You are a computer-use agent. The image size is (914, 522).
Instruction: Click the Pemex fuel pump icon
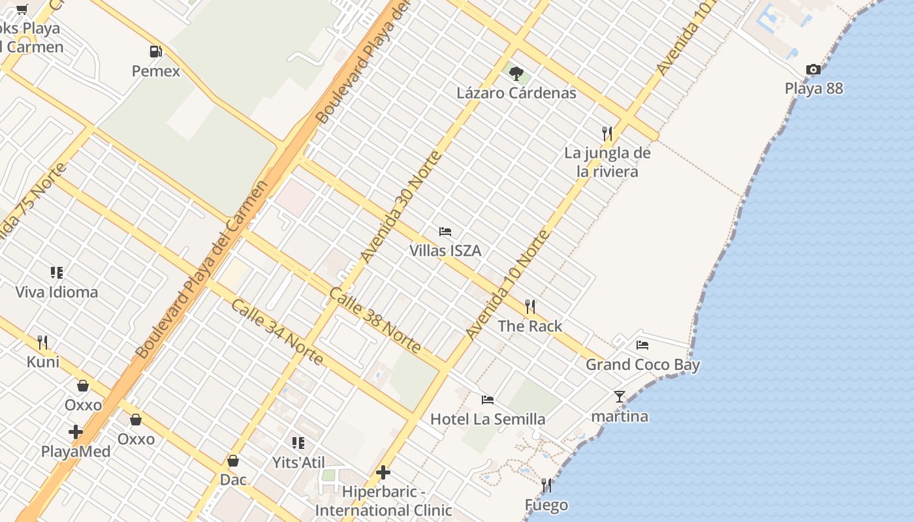point(155,51)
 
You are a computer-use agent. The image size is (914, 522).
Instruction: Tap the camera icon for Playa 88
point(813,69)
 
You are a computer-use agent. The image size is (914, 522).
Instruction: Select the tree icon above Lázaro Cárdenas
point(516,73)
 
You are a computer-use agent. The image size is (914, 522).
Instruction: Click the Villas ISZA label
point(445,251)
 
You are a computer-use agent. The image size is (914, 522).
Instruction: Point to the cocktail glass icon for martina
point(619,396)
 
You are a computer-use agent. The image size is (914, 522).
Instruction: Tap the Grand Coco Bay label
point(642,365)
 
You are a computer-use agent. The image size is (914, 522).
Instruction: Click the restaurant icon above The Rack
point(530,306)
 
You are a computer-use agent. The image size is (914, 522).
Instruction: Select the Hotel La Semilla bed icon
point(488,399)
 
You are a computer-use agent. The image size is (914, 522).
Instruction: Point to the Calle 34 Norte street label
point(276,332)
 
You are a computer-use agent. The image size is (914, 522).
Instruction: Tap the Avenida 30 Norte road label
point(400,207)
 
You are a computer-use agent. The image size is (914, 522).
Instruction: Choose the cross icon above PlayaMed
point(76,431)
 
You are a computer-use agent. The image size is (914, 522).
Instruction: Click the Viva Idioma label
point(57,292)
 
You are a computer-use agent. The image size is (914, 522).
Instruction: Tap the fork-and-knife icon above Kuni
point(42,342)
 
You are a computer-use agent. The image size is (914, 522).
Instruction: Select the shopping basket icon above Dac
point(233,461)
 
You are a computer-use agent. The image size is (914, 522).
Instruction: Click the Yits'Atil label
point(298,463)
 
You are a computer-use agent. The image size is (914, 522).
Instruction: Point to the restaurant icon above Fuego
point(546,485)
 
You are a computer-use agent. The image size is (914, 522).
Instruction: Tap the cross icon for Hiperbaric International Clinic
point(383,472)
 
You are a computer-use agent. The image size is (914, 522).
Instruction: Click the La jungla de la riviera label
point(608,162)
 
